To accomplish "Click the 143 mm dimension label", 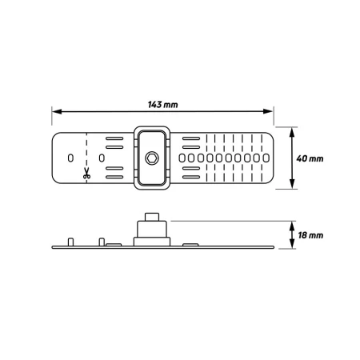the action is [162, 105].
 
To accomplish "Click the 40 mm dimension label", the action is [310, 158].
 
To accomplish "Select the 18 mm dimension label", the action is [310, 235].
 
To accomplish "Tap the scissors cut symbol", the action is [86, 173].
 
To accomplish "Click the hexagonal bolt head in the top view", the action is [152, 158].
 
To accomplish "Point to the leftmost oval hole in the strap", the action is [70, 158].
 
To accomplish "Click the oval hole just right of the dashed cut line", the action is [102, 158].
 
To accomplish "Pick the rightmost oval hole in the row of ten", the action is [266, 158].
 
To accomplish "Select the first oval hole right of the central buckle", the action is [182, 158].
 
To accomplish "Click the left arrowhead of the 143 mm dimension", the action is [57, 111].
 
